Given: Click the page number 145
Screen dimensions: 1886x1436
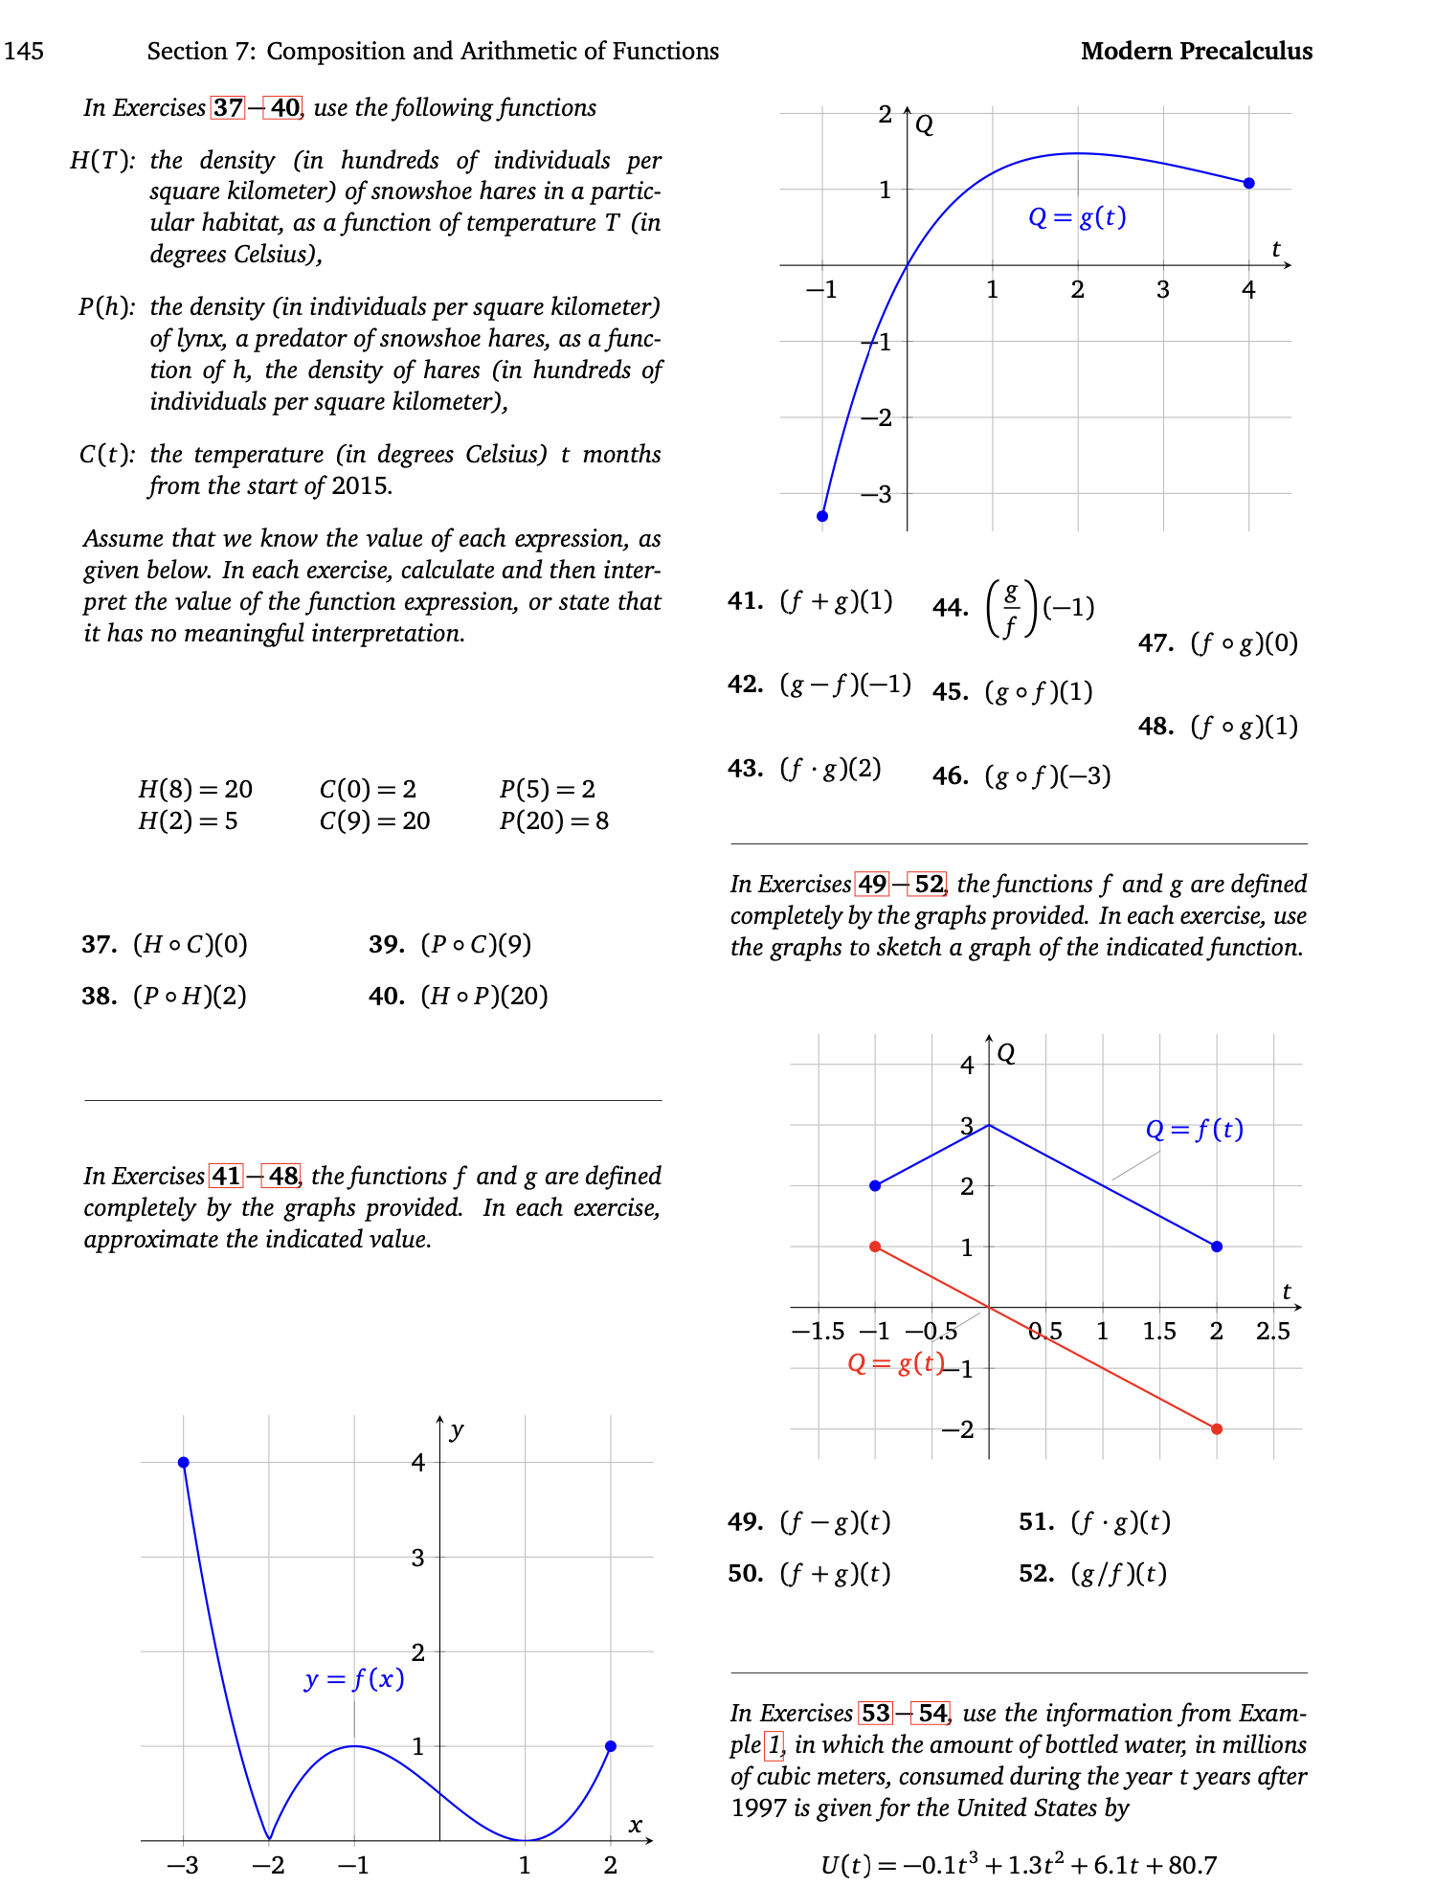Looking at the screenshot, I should click(x=23, y=51).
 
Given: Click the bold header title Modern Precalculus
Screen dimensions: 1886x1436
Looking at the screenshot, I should click(x=1196, y=51).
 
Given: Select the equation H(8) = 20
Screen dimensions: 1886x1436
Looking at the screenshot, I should click(x=195, y=789).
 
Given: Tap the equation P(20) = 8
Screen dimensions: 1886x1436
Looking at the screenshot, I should click(x=553, y=820).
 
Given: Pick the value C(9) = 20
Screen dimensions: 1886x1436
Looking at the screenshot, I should click(x=374, y=820).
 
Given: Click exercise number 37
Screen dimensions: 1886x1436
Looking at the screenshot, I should click(x=99, y=945).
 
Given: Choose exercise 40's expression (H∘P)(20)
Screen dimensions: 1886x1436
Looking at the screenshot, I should click(x=484, y=997).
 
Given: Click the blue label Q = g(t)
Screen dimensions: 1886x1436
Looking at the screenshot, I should click(x=1076, y=217).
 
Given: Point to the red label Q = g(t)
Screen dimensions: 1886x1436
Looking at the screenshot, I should click(x=896, y=1362).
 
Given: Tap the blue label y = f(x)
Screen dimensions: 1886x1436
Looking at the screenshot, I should click(x=354, y=1678).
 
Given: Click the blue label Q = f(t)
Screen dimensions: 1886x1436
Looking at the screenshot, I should click(x=1194, y=1130).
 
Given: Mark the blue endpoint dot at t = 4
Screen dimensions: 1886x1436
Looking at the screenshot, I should click(x=1248, y=183).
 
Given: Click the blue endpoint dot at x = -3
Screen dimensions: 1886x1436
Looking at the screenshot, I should click(x=184, y=1462).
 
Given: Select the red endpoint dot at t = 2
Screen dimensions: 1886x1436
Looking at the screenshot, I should click(x=1216, y=1428).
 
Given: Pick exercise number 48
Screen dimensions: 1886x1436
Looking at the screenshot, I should click(x=1156, y=727).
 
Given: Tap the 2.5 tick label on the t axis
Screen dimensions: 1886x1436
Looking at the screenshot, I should click(x=1272, y=1331).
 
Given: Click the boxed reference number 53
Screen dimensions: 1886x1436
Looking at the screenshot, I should click(x=875, y=1713).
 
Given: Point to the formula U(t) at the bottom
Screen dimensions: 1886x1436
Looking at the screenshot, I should click(x=1019, y=1865).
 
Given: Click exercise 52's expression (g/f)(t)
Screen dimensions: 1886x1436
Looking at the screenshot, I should click(x=1118, y=1573).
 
